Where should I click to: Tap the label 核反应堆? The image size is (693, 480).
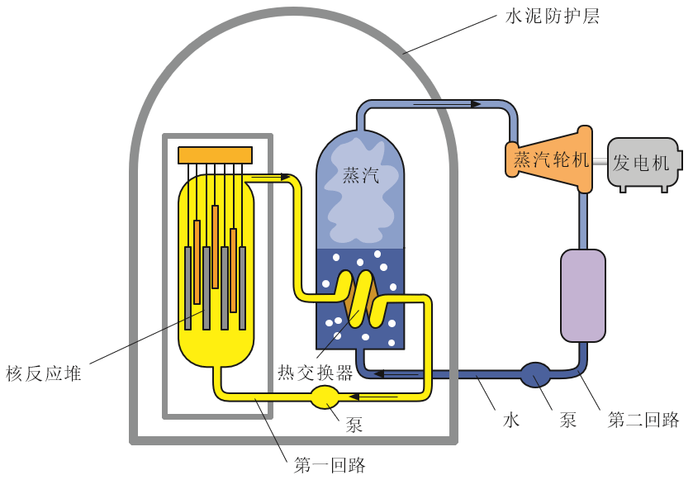[44, 373]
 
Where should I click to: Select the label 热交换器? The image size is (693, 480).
[315, 373]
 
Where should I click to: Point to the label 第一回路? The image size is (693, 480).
[330, 464]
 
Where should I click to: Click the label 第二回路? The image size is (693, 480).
[643, 420]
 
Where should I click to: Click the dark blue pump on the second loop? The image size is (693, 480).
[535, 376]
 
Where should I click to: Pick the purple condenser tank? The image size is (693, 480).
[582, 296]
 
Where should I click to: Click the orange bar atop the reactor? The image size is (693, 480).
[215, 154]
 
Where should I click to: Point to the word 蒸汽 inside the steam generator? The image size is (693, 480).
[360, 175]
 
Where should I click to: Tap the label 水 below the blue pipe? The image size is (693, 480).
[511, 420]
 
